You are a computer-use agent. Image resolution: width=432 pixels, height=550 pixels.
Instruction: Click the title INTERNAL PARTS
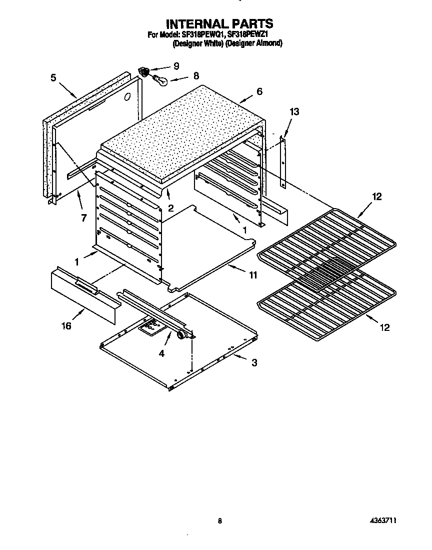(x=219, y=23)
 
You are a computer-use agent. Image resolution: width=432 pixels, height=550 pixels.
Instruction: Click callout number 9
(x=176, y=66)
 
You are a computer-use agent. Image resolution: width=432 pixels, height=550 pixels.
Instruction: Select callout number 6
(x=259, y=91)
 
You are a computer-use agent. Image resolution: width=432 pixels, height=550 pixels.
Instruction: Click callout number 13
(x=294, y=112)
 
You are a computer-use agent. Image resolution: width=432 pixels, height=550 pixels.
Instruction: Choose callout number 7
(x=83, y=218)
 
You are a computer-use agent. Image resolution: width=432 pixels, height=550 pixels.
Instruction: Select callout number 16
(x=66, y=326)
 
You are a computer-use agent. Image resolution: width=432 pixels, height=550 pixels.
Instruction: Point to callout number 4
(x=161, y=353)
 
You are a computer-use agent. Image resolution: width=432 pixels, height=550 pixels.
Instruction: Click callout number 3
(x=254, y=363)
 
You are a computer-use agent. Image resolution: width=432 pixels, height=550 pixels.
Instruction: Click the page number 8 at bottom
(x=219, y=521)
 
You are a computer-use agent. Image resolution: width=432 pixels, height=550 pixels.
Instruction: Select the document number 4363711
(x=383, y=521)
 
